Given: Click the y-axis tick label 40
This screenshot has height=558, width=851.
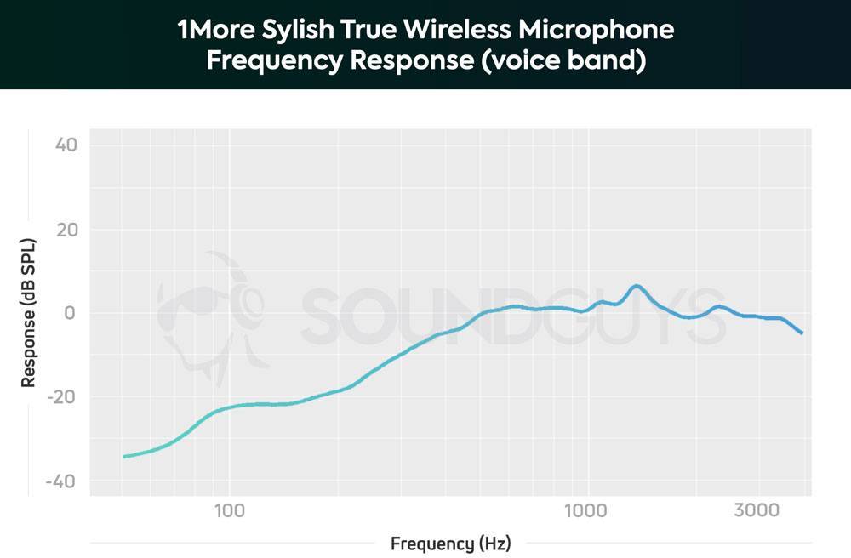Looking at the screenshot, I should coord(66,145).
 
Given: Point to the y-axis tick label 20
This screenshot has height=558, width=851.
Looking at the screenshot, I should coord(66,230).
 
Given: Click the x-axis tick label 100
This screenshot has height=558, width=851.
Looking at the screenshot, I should coord(229,511).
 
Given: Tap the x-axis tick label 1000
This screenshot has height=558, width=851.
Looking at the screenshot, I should coord(585,511).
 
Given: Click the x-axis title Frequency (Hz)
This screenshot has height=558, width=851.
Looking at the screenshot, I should coord(451,544).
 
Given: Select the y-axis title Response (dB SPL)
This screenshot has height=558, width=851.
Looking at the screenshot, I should coord(29,313).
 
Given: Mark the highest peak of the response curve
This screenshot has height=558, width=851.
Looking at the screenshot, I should coord(635,286).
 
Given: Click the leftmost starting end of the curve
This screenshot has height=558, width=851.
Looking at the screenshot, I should coord(124,457).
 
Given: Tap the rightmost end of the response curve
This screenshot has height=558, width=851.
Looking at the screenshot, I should coord(802,333).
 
